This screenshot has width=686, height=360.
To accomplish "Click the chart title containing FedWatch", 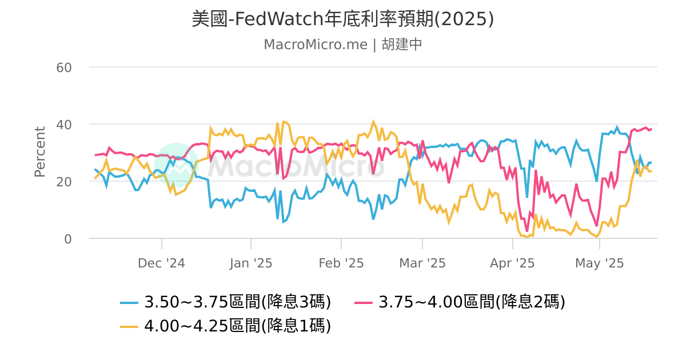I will (342, 19).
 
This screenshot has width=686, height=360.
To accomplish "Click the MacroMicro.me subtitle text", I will (342, 45).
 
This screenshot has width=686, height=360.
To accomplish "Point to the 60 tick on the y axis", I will (63, 67).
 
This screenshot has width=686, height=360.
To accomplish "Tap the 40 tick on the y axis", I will (63, 125).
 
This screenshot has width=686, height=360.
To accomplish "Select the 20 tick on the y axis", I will (63, 182).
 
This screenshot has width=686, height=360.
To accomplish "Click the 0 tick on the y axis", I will (67, 239).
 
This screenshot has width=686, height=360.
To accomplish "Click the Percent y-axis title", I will (39, 152).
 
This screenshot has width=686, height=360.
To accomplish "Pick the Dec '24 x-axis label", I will (161, 263).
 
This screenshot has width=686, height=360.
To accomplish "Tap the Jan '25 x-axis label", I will (250, 263).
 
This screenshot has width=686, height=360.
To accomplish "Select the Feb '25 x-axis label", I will (341, 263).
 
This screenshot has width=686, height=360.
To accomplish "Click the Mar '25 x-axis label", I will (422, 263).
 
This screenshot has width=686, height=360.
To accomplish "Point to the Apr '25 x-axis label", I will (512, 263).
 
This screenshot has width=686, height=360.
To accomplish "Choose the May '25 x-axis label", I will (599, 263).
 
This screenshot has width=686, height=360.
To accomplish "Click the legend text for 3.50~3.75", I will (238, 301).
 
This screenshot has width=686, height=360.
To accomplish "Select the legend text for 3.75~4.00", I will (472, 301).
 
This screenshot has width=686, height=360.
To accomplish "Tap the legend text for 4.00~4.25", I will (238, 326).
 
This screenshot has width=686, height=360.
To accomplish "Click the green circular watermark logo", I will (177, 165).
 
